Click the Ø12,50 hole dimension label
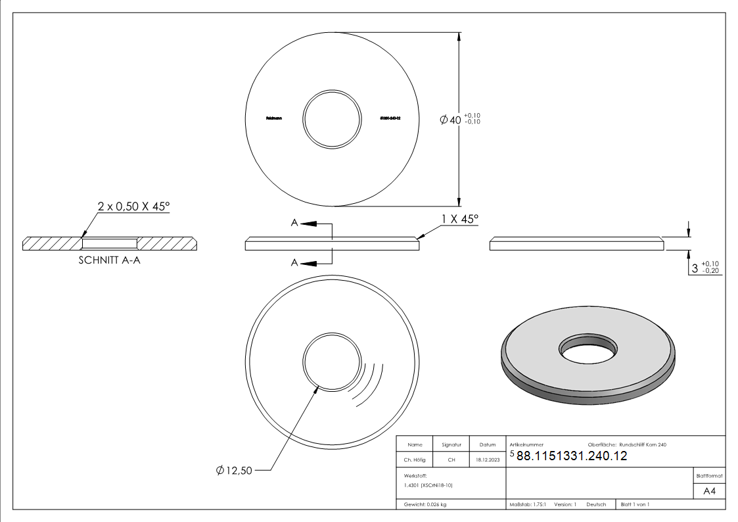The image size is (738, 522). tap(234, 470)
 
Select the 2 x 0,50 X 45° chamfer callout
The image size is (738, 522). tap(133, 206)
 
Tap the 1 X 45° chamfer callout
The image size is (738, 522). tap(460, 218)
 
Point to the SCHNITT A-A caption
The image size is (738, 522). tap(110, 260)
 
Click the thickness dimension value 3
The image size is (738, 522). tap(695, 268)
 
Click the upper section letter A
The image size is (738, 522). tap(295, 224)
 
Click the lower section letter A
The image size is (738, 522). tap(295, 262)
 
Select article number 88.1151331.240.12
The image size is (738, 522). tap(572, 456)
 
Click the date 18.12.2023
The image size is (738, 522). tap(488, 460)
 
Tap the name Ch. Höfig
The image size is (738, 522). tap(415, 460)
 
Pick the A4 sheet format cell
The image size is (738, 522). tap(710, 490)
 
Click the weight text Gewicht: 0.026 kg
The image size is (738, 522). tap(426, 504)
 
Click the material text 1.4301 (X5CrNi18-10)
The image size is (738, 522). tap(428, 485)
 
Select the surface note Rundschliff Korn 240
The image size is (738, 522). tap(647, 445)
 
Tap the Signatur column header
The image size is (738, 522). tap(451, 445)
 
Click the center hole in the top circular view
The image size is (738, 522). tap(332, 119)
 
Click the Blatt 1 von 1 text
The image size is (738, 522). tap(635, 504)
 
